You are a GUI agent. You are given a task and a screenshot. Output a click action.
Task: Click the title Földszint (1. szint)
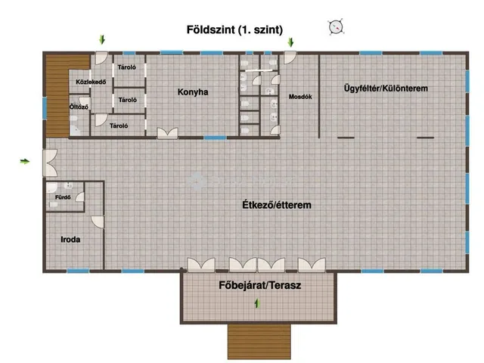(x=234, y=29)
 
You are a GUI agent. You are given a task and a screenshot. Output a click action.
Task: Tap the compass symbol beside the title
(x=336, y=27)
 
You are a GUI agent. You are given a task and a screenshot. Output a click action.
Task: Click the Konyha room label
(x=193, y=92)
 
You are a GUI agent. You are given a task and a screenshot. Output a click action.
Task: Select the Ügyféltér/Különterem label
(x=386, y=88)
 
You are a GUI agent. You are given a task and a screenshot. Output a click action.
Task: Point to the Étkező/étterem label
(x=277, y=205)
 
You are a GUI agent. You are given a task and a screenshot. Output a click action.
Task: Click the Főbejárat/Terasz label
(x=260, y=285)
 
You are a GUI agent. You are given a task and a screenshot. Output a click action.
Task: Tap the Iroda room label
(x=70, y=240)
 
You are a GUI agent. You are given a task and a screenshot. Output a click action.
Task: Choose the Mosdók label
(x=300, y=97)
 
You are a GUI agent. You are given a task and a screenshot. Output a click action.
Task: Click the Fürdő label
(x=63, y=197)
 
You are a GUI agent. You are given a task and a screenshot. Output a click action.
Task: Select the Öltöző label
(x=79, y=107)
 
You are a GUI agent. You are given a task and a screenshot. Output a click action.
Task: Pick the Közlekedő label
(x=91, y=82)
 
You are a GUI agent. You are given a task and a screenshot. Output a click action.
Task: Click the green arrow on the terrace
(x=257, y=303)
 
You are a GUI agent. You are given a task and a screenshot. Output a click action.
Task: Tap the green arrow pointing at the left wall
(x=25, y=161)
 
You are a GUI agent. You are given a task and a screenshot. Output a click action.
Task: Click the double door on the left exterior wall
(x=50, y=163)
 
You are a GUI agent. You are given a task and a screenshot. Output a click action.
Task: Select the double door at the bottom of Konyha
(x=167, y=133)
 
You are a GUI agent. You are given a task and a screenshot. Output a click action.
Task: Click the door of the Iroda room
(x=98, y=222)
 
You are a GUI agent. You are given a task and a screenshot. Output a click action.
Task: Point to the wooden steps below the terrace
(x=259, y=341)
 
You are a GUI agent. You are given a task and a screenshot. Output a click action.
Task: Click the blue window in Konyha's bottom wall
(x=215, y=138)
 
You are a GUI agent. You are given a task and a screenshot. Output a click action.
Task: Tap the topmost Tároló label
(x=126, y=67)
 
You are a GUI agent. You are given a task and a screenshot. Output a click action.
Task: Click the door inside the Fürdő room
(x=80, y=197)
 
